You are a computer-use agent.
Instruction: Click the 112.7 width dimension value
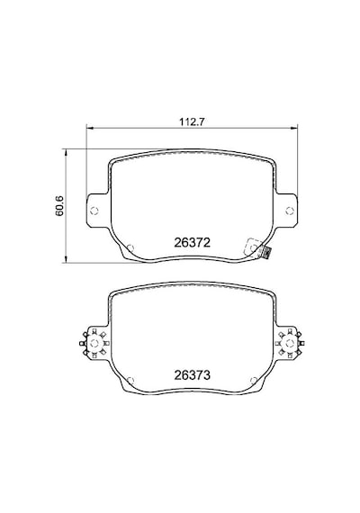click(x=192, y=121)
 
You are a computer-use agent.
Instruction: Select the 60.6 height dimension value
click(x=58, y=206)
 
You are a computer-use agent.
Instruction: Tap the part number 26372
click(x=192, y=242)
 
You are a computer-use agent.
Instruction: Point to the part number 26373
click(x=192, y=375)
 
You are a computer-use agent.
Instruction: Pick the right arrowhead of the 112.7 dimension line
click(x=294, y=128)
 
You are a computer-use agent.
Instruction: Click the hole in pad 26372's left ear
click(x=94, y=211)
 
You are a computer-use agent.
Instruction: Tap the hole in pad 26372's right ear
click(x=289, y=211)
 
